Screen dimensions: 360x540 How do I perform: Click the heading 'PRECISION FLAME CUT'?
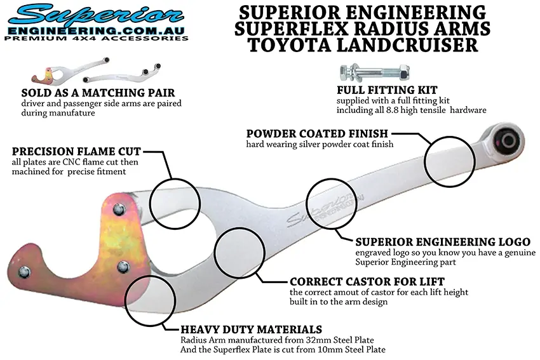[x=76, y=152]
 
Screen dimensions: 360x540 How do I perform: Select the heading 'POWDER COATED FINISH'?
[x=318, y=134]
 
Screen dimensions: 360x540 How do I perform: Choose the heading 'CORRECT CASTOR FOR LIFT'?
[x=367, y=281]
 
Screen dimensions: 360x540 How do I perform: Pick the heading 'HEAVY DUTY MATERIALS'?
[x=251, y=330]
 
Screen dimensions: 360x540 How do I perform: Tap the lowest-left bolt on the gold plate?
[x=24, y=272]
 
